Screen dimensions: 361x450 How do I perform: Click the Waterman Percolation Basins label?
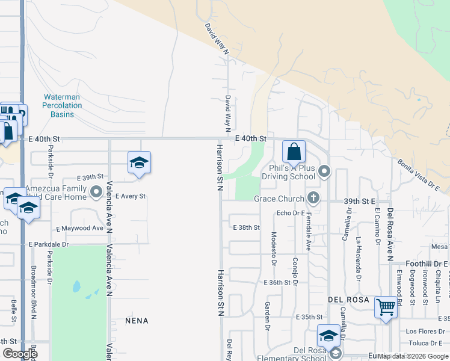click(x=62, y=105)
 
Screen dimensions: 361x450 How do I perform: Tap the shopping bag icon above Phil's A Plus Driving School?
click(x=294, y=151)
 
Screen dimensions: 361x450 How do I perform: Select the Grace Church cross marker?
click(x=313, y=197)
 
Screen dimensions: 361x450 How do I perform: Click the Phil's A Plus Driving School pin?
click(x=324, y=172)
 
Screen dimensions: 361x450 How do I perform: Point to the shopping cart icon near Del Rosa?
click(x=386, y=307)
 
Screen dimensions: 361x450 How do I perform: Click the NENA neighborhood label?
click(x=137, y=321)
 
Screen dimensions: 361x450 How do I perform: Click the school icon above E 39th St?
click(x=139, y=162)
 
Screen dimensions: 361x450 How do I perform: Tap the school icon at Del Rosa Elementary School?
click(x=328, y=336)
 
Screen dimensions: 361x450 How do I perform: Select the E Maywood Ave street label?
click(x=80, y=229)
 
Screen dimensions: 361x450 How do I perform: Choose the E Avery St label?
click(x=130, y=196)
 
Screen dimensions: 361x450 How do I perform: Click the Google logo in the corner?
click(x=20, y=353)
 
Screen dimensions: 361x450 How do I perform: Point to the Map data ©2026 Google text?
click(x=413, y=356)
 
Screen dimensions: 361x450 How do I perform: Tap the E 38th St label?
click(x=246, y=227)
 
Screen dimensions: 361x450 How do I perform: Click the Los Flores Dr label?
click(x=424, y=332)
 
